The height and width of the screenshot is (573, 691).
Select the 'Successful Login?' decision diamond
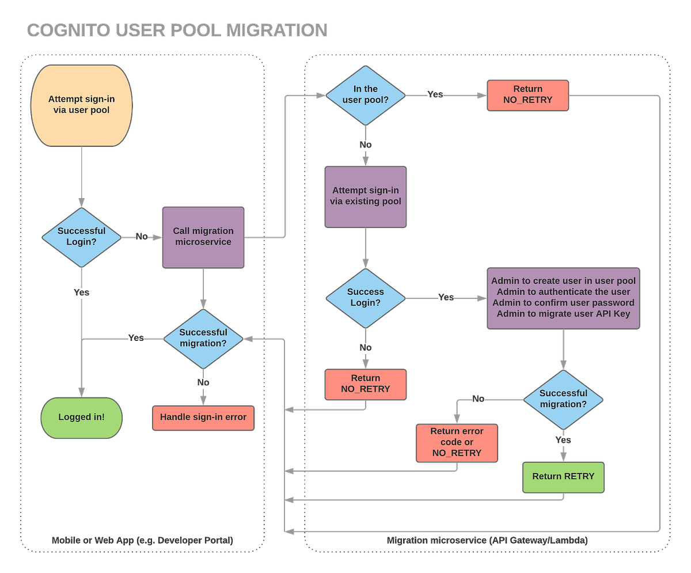click(x=81, y=237)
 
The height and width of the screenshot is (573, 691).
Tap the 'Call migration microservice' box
click(x=203, y=237)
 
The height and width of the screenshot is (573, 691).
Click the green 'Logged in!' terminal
click(x=82, y=417)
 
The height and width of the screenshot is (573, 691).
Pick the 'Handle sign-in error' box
click(x=203, y=417)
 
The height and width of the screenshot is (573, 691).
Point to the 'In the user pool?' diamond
click(x=366, y=94)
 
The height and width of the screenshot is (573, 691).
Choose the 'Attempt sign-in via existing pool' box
click(x=366, y=196)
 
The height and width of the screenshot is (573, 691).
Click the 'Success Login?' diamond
click(x=366, y=298)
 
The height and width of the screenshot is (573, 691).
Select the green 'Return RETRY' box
click(x=563, y=476)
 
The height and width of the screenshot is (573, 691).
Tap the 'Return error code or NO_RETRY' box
click(x=457, y=442)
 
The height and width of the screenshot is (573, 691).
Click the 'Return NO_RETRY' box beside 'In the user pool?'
click(x=528, y=94)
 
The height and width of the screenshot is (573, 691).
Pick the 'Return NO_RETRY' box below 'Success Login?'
click(x=366, y=384)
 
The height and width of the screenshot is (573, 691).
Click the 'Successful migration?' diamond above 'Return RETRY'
click(x=563, y=399)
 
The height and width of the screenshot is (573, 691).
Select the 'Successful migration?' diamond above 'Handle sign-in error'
click(x=203, y=338)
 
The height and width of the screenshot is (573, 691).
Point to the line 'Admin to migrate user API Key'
click(x=563, y=314)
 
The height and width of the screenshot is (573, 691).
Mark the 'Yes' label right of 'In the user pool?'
click(x=436, y=94)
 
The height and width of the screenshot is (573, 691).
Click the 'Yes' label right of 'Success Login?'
click(x=446, y=298)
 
